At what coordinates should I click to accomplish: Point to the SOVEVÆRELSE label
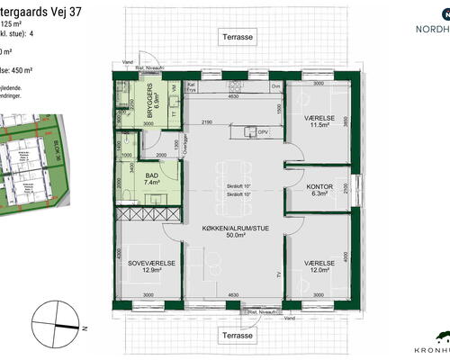point(150,265)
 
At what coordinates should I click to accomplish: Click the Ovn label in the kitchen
point(275,86)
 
